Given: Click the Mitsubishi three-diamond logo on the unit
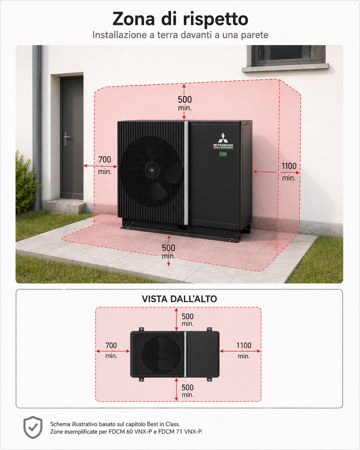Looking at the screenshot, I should [x=223, y=138].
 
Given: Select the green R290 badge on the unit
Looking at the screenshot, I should [x=223, y=154].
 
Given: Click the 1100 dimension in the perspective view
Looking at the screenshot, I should [x=289, y=166].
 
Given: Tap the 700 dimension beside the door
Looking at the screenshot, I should [x=105, y=160].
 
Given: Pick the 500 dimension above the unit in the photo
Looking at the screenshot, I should [x=185, y=100].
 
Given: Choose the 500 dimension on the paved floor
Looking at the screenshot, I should [x=168, y=248].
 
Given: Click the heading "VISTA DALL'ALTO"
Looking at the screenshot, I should [x=179, y=299].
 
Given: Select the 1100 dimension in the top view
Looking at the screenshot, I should [x=244, y=346].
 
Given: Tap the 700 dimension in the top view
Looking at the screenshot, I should [x=111, y=346].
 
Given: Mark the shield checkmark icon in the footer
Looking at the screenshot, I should [x=33, y=427].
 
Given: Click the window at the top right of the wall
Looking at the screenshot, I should [x=288, y=55].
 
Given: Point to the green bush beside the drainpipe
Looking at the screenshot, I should [x=26, y=183].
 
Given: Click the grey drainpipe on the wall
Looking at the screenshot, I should [x=37, y=128].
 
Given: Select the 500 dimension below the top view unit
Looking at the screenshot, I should [x=187, y=388].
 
